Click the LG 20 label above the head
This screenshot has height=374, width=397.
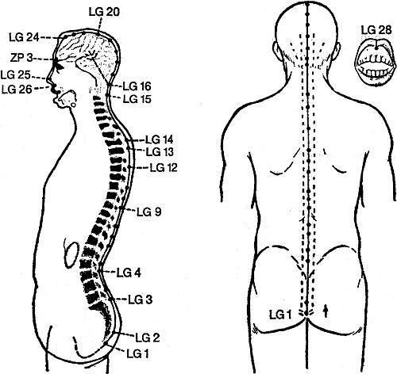point(104,12)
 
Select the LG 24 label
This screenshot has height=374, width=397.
point(24,37)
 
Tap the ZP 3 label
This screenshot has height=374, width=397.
point(21,58)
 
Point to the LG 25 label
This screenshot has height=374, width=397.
point(16,75)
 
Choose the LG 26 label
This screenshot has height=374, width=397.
point(17,90)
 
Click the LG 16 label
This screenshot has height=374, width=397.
point(137,86)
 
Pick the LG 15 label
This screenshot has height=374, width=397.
point(137,99)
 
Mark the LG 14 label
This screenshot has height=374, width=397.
point(160,139)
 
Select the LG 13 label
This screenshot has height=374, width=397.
point(160,152)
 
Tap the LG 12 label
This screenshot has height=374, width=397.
point(164,167)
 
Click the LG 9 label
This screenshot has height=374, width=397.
point(148,212)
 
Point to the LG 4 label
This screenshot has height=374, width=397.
point(129,273)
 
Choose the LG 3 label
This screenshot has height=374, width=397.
point(141,300)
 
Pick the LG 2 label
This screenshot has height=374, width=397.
point(148,338)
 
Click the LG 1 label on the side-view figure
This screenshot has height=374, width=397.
point(137,353)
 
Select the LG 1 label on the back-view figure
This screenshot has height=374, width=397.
point(280,315)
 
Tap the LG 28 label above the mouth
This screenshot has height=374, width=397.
point(376,30)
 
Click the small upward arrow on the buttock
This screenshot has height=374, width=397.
point(326,311)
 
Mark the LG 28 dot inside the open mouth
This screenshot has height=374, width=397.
point(376,48)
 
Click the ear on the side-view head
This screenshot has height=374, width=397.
point(67,100)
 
